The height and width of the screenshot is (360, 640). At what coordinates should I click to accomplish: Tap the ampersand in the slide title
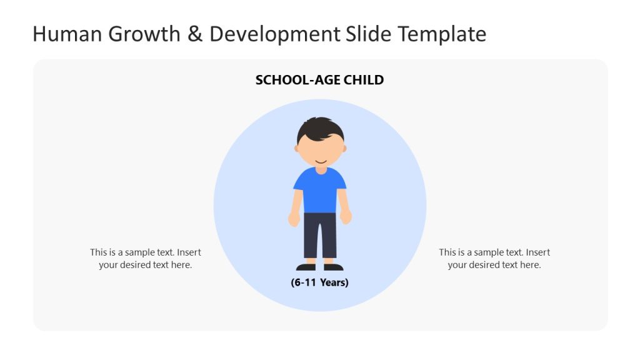(x=195, y=34)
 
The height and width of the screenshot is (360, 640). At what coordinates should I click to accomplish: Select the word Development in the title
(x=274, y=34)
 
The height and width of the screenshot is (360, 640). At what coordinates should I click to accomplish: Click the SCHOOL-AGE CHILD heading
(x=319, y=80)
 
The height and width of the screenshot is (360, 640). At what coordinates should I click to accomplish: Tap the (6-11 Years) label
(x=319, y=282)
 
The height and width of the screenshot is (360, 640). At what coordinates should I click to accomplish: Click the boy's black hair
(x=319, y=129)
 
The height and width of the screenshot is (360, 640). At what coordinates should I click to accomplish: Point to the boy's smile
(x=320, y=162)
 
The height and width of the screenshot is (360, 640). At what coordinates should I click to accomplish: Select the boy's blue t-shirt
(x=319, y=190)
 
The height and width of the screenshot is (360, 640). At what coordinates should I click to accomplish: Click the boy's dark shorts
(x=319, y=234)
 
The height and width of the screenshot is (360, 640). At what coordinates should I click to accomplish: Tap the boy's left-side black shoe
(x=306, y=267)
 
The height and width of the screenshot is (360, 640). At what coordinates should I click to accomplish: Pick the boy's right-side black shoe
(x=333, y=267)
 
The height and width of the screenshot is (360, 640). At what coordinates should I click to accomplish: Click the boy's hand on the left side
(x=294, y=219)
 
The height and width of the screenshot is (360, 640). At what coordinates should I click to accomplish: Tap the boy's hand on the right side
(x=346, y=217)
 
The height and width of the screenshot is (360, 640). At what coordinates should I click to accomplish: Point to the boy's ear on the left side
(x=297, y=148)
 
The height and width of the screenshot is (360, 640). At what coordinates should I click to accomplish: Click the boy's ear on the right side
(x=344, y=148)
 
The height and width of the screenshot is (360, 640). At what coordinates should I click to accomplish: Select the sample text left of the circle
(x=145, y=259)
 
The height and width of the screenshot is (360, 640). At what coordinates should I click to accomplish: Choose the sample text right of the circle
(x=494, y=259)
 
